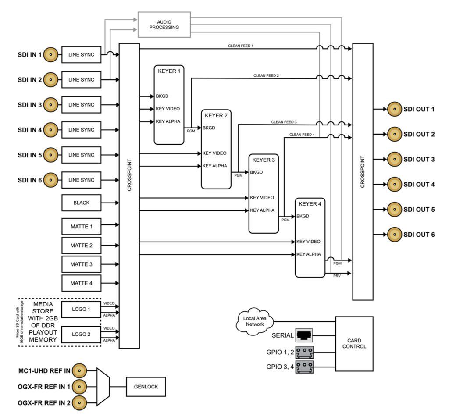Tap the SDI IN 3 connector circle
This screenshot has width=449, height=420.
pyautogui.click(x=51, y=105)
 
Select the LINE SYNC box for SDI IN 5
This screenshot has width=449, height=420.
pyautogui.click(x=82, y=155)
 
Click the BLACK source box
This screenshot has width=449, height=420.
pyautogui.click(x=82, y=203)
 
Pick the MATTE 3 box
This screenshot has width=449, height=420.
pyautogui.click(x=82, y=264)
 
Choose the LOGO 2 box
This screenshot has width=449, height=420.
pyautogui.click(x=82, y=334)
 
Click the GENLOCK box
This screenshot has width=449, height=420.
pyautogui.click(x=143, y=387)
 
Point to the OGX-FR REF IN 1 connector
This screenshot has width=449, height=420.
pyautogui.click(x=79, y=387)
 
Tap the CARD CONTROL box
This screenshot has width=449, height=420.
pyautogui.click(x=354, y=343)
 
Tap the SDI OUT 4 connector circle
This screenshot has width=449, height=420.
pyautogui.click(x=394, y=184)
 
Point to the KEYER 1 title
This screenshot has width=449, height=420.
pyautogui.click(x=169, y=71)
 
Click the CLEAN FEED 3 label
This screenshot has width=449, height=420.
pyautogui.click(x=284, y=122)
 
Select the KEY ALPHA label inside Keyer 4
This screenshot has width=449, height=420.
pyautogui.click(x=308, y=254)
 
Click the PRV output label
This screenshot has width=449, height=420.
pyautogui.click(x=337, y=275)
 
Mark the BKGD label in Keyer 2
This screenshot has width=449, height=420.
pyautogui.click(x=208, y=128)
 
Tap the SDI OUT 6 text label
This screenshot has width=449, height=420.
pyautogui.click(x=419, y=235)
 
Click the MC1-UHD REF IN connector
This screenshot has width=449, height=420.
pyautogui.click(x=79, y=371)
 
